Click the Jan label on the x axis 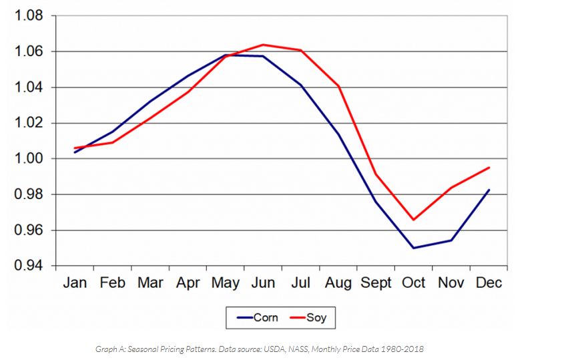click(75, 283)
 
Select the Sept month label click(376, 283)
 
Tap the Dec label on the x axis click(489, 283)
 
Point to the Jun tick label click(263, 283)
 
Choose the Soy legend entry click(316, 317)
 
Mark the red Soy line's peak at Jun click(263, 45)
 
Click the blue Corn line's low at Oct click(414, 248)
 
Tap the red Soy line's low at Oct click(414, 220)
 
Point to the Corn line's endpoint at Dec click(489, 190)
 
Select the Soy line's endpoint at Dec click(489, 168)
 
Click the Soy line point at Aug click(338, 86)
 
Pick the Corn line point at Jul click(301, 85)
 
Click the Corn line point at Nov click(451, 240)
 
